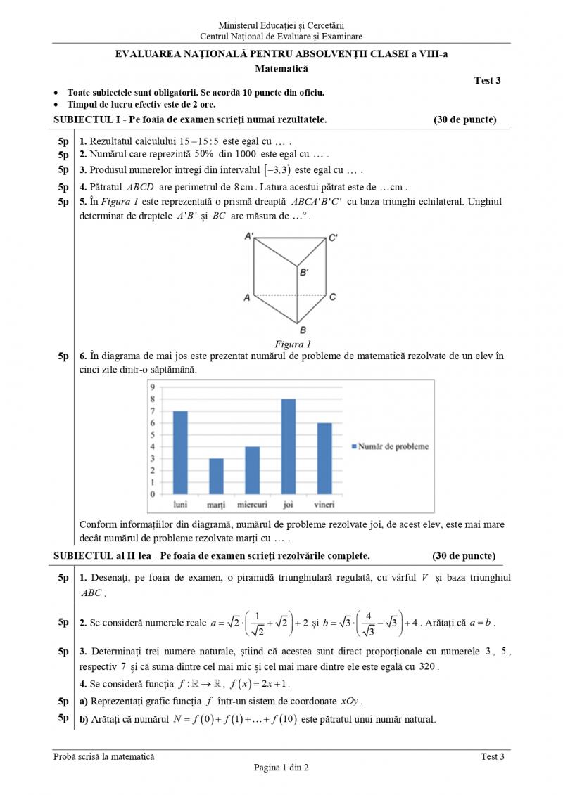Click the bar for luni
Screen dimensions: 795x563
click(x=180, y=453)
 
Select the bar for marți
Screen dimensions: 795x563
click(x=216, y=477)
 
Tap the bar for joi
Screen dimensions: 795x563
click(x=289, y=446)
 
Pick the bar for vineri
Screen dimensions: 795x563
click(x=324, y=458)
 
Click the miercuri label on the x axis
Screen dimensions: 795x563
click(x=252, y=505)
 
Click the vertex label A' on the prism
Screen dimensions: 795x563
click(x=250, y=237)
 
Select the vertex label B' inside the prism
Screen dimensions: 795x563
click(x=304, y=271)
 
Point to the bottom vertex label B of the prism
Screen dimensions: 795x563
click(x=302, y=330)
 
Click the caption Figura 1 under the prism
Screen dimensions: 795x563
click(x=293, y=344)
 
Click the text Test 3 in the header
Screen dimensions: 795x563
click(x=488, y=81)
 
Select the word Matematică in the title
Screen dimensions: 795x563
click(x=281, y=69)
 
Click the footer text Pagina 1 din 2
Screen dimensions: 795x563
click(x=281, y=768)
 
